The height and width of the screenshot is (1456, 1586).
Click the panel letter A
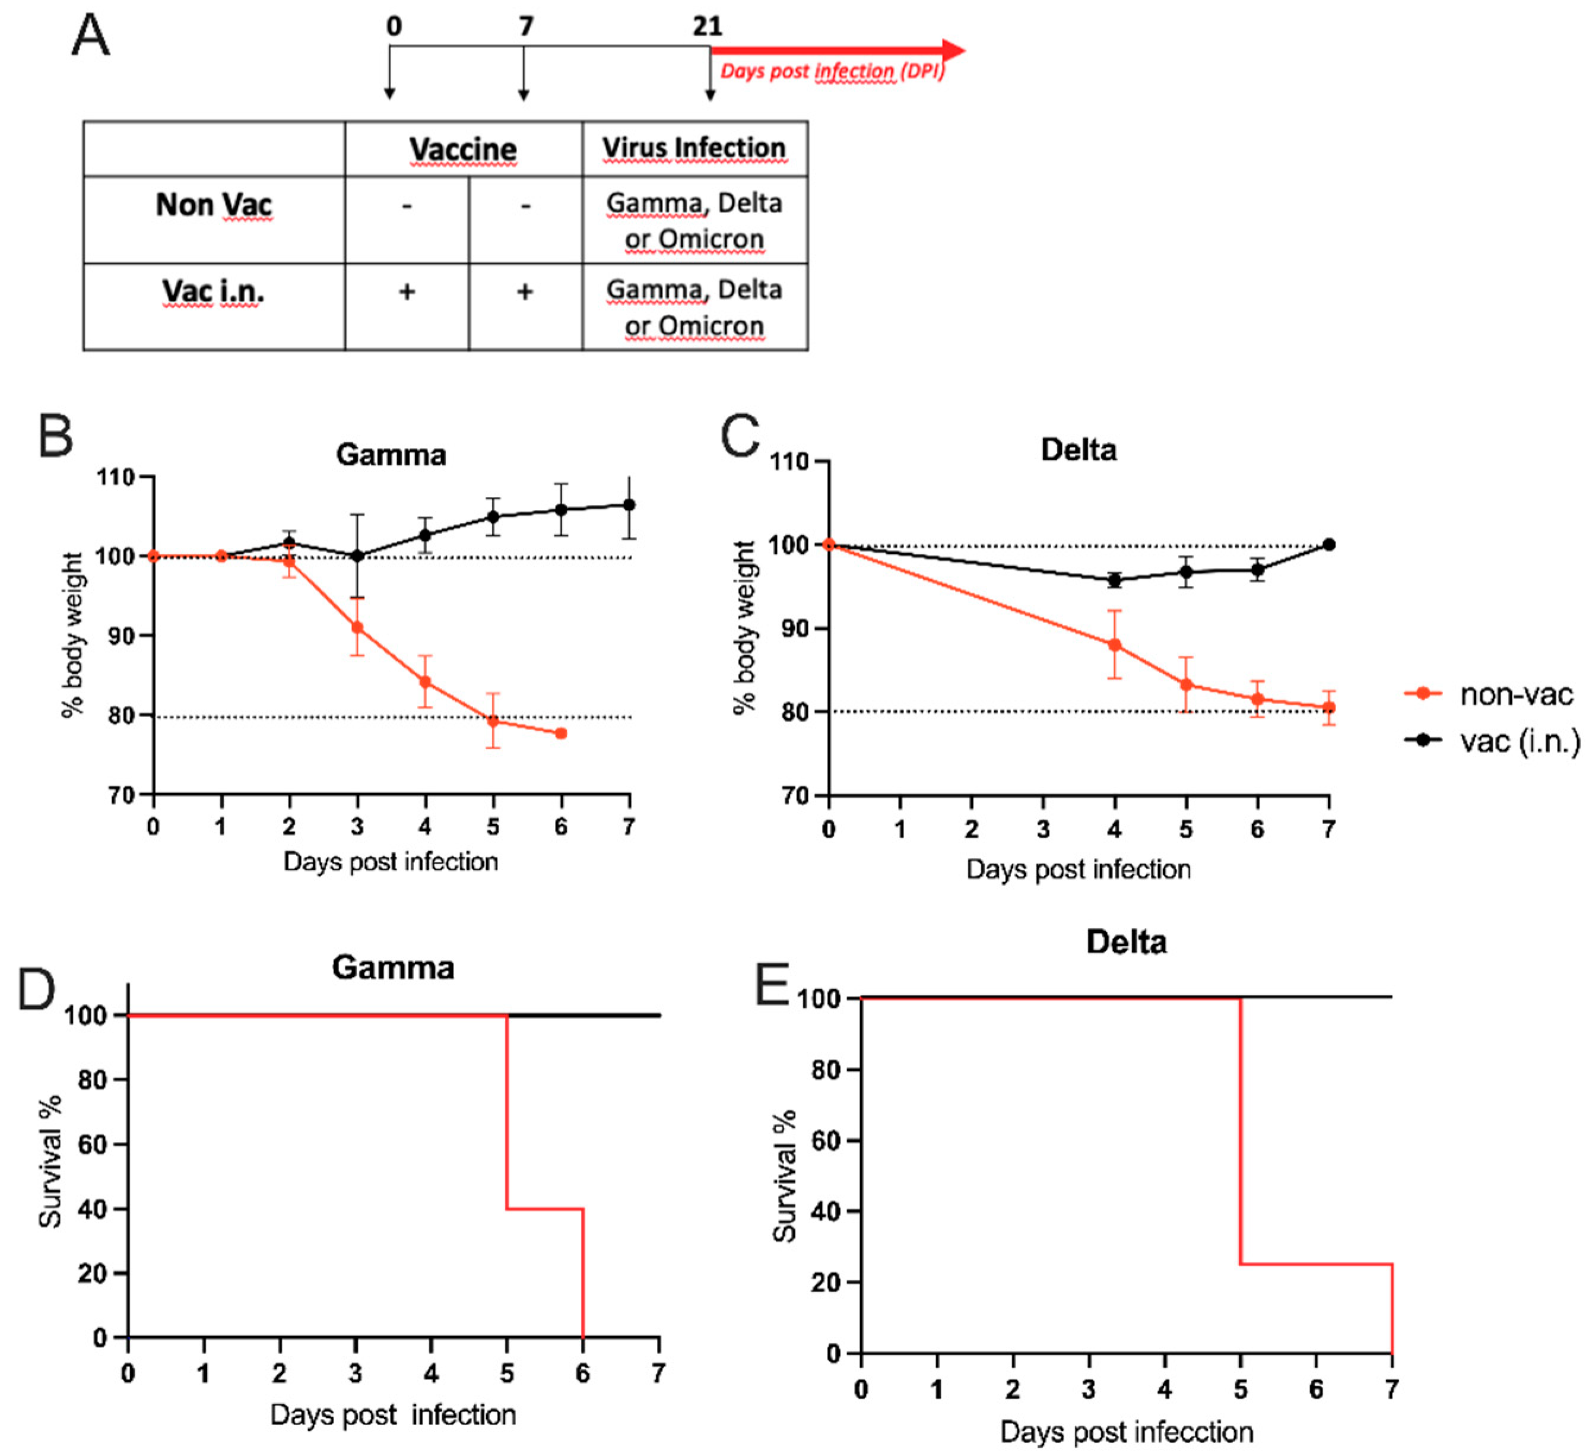pos(91,36)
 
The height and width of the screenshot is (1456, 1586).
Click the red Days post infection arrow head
pos(953,50)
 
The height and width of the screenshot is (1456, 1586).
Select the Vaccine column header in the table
pos(463,149)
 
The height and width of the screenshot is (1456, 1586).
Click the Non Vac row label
pos(214,205)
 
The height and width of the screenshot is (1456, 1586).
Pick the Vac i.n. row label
pos(214,291)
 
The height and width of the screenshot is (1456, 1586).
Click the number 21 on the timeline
pos(708,27)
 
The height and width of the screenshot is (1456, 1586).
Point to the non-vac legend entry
pos(1489,694)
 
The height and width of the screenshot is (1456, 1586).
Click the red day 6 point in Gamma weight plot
pos(561,734)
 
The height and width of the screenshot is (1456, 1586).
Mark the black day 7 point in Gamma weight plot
pos(629,505)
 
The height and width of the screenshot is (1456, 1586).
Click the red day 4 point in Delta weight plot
pos(1115,645)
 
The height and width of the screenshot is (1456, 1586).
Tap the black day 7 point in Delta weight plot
pos(1329,544)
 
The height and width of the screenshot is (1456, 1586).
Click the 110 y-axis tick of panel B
pos(115,477)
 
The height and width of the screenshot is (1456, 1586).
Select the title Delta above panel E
pos(1126,943)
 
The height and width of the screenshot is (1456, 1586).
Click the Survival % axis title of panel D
pos(51,1160)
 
